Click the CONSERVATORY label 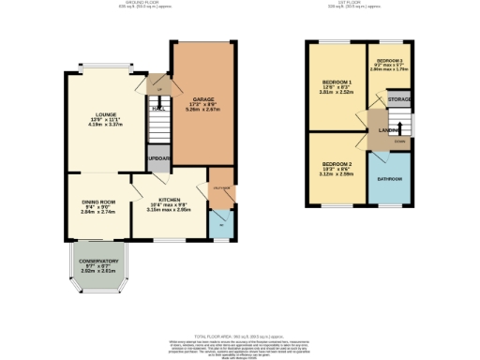tap(98, 261)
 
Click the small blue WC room tap(221, 223)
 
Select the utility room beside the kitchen tap(221, 187)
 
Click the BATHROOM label tap(390, 178)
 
